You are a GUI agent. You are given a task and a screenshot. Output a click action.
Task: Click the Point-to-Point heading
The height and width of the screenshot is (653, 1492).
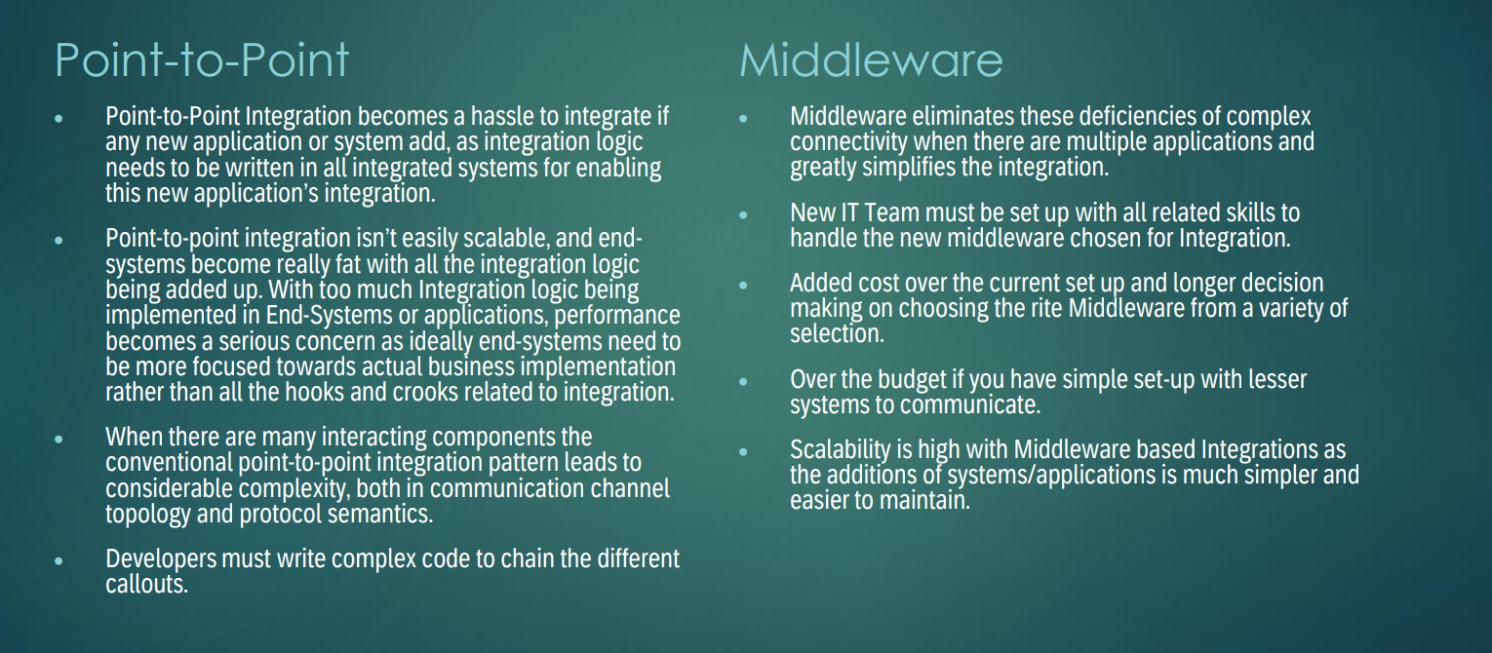point(202,59)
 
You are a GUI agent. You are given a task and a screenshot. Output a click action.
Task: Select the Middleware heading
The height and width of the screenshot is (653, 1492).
point(871,59)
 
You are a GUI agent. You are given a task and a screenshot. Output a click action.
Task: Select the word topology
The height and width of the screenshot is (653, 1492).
point(148,514)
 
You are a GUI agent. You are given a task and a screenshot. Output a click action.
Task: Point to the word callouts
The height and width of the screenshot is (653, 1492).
point(146,585)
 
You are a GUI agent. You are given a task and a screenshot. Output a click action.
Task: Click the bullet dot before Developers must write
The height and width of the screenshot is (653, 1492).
point(59,561)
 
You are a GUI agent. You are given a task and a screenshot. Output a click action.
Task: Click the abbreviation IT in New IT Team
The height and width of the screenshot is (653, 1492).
point(850,212)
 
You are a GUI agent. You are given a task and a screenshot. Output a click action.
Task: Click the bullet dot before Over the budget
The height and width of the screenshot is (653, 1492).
point(744,381)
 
